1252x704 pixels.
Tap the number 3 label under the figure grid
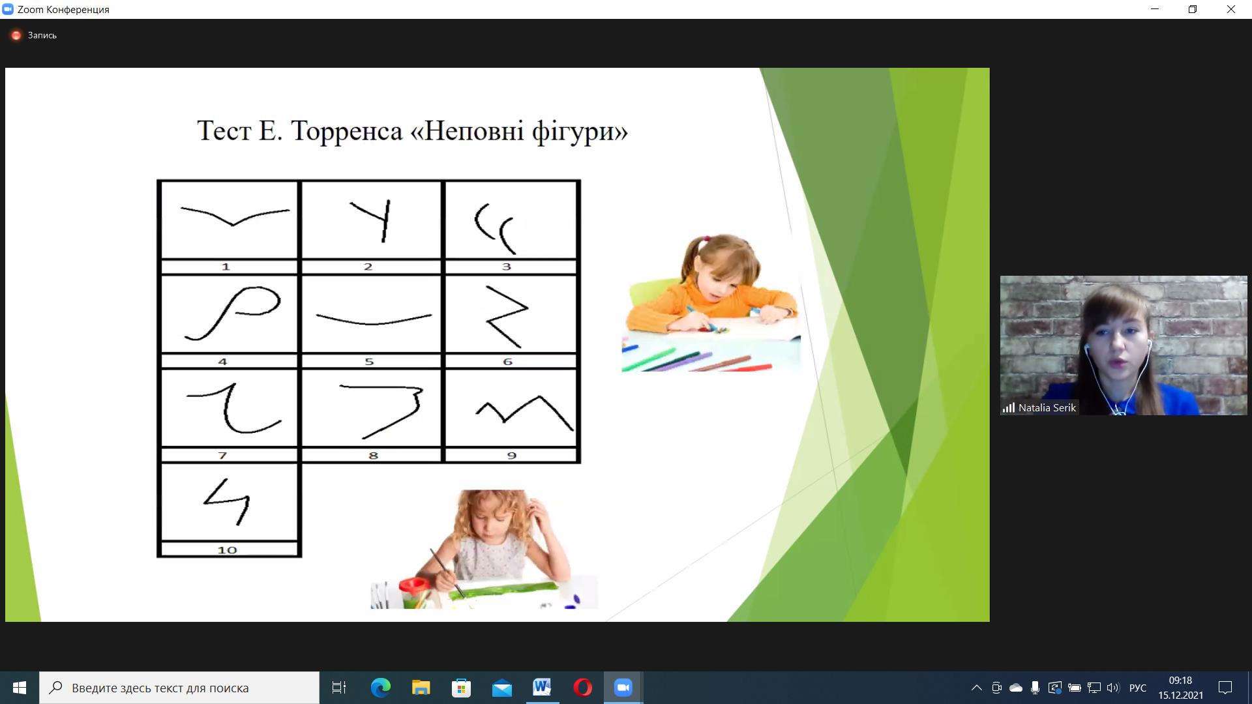click(507, 267)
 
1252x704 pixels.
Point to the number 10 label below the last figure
click(227, 550)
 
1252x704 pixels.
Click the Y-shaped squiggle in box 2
click(385, 220)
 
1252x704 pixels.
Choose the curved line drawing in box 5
click(374, 319)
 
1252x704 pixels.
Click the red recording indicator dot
click(16, 35)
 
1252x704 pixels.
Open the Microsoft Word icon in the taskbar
click(542, 687)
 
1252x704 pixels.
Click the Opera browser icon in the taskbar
click(582, 688)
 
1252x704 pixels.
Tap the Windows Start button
click(20, 688)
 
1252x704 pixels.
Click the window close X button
click(1231, 9)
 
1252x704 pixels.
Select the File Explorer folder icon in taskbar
click(421, 688)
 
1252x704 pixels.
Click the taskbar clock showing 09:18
click(1180, 681)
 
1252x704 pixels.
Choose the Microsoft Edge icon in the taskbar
click(381, 688)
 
